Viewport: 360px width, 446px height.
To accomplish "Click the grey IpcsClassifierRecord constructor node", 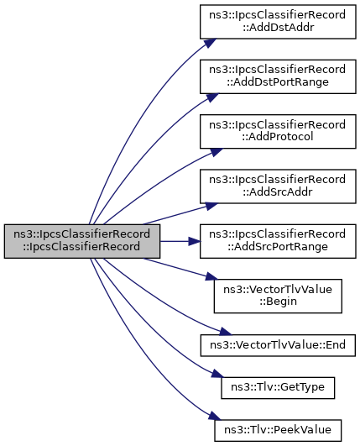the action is coord(82,241).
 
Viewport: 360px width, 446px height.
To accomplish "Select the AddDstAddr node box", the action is coord(278,22).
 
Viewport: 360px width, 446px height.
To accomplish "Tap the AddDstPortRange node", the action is coord(278,76).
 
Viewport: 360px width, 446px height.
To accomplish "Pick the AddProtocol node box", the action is coord(278,131).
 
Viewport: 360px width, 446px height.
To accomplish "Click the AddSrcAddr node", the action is coord(278,186).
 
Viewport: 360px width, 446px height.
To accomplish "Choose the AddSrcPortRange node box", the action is coord(278,241).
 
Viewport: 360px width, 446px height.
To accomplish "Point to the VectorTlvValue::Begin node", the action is coord(278,296).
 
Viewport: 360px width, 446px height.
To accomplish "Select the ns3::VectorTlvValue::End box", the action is coord(278,345).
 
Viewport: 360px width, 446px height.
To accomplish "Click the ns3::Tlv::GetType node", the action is coord(278,388).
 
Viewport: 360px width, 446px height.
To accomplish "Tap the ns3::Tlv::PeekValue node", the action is coord(278,430).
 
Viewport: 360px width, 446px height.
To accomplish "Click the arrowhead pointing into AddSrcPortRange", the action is coord(195,241).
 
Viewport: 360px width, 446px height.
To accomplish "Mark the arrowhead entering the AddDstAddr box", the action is coord(210,43).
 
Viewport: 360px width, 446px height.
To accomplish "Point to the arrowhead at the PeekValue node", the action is coord(215,416).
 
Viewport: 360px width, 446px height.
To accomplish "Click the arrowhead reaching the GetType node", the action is coord(217,374).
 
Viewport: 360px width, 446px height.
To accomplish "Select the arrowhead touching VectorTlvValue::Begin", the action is coord(211,275).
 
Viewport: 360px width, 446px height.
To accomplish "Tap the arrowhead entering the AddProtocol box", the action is coord(216,152).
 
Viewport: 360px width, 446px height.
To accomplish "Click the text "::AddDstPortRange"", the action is coord(278,82).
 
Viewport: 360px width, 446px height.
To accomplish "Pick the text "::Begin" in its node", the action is coord(278,302).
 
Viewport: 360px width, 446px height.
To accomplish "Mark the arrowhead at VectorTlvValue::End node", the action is coord(226,332).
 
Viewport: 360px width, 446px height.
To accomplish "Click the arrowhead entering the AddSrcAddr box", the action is coord(211,207).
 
